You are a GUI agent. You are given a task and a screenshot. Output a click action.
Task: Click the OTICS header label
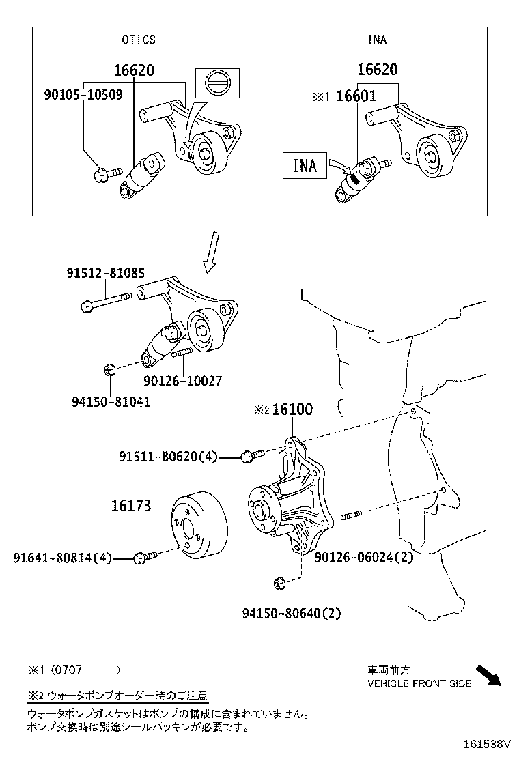(x=139, y=40)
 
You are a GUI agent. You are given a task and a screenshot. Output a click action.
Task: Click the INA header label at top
(x=377, y=40)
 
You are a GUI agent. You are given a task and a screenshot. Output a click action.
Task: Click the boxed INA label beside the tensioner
(x=305, y=165)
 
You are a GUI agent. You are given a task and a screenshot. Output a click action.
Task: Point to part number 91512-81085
(x=105, y=273)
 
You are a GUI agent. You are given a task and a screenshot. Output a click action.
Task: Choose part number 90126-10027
(x=182, y=381)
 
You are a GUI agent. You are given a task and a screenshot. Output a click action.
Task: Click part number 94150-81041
(x=109, y=402)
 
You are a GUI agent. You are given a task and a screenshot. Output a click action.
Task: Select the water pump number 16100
(x=292, y=410)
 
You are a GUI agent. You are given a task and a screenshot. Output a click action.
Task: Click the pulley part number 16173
(x=131, y=506)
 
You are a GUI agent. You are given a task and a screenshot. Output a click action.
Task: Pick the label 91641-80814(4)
(x=62, y=558)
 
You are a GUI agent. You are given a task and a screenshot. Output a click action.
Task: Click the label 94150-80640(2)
(x=291, y=613)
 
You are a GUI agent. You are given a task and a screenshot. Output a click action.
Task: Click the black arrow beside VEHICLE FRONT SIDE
(x=488, y=675)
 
